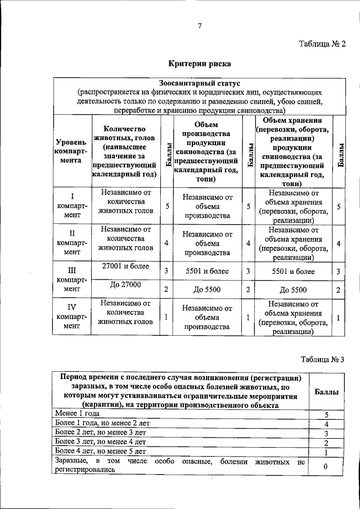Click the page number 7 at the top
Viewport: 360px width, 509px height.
point(199,25)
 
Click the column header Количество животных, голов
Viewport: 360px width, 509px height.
point(124,151)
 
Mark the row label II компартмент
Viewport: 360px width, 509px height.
point(71,242)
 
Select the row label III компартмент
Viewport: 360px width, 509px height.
point(71,280)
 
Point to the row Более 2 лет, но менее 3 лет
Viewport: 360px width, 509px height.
point(100,433)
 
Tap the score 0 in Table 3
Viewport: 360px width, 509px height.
point(326,467)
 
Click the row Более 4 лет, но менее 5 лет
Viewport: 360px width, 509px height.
point(100,451)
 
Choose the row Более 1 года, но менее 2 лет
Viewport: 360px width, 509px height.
point(100,423)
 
